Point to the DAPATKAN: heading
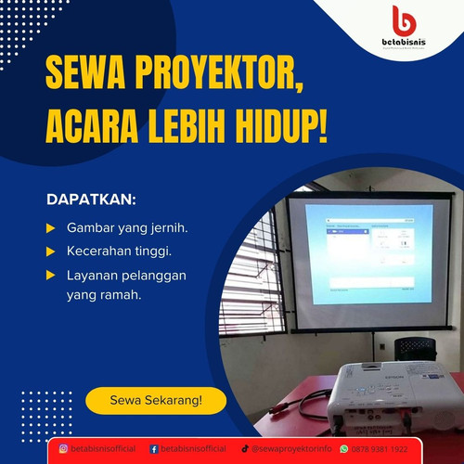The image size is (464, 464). coord(91,200)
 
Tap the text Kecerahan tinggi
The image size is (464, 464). coord(119,251)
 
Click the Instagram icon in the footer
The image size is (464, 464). coord(64,449)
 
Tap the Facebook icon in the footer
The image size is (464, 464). coord(154,449)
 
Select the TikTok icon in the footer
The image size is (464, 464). coord(245,449)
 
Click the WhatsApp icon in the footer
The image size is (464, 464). coord(342,449)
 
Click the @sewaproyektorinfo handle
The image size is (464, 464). coord(291,449)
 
